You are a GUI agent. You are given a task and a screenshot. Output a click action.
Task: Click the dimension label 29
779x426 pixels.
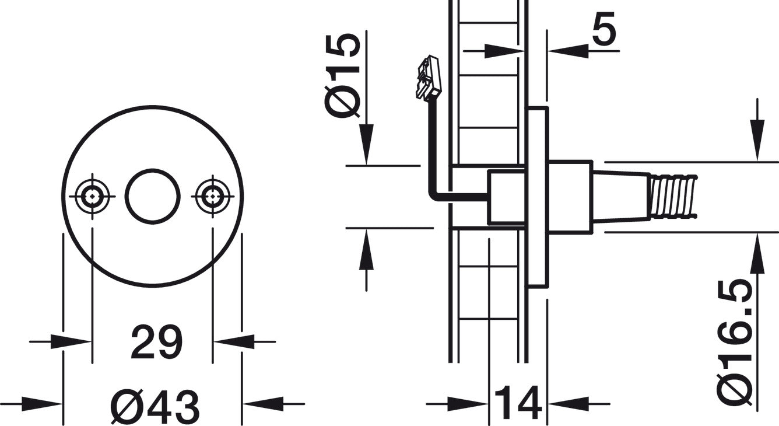[156, 342]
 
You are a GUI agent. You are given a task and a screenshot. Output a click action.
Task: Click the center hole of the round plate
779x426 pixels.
[153, 196]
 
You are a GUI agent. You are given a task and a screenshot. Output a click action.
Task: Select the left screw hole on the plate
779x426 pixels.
[92, 196]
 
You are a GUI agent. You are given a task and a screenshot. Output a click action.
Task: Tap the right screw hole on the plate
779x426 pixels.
[213, 196]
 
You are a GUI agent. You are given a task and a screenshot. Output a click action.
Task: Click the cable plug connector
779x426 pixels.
[429, 79]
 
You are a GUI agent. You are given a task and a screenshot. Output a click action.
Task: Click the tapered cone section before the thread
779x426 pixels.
[621, 196]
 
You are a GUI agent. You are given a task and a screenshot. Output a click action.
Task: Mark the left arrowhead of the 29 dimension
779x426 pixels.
[71, 342]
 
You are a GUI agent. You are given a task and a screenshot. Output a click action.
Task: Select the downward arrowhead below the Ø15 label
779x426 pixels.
[366, 145]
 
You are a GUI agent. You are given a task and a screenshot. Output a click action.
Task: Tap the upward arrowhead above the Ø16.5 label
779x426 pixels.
[757, 254]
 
